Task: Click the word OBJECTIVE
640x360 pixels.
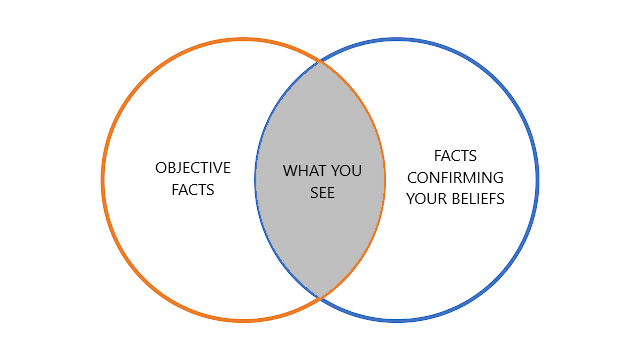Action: pos(193,168)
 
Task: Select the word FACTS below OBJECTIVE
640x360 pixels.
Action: pos(193,190)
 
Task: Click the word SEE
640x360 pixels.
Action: pos(322,193)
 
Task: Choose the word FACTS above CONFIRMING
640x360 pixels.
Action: pos(455,156)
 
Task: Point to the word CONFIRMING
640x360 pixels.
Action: pos(455,178)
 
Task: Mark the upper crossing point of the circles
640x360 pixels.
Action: pos(320,62)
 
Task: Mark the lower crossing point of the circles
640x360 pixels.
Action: pos(320,298)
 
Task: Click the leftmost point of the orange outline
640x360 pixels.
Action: pos(103,180)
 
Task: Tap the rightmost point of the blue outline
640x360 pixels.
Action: pos(537,180)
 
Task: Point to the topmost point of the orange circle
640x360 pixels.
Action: pos(243,39)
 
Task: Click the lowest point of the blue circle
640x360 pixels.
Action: pos(396,321)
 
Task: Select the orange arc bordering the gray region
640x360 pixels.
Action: pos(384,180)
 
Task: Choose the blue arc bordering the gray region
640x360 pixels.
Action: pos(256,180)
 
